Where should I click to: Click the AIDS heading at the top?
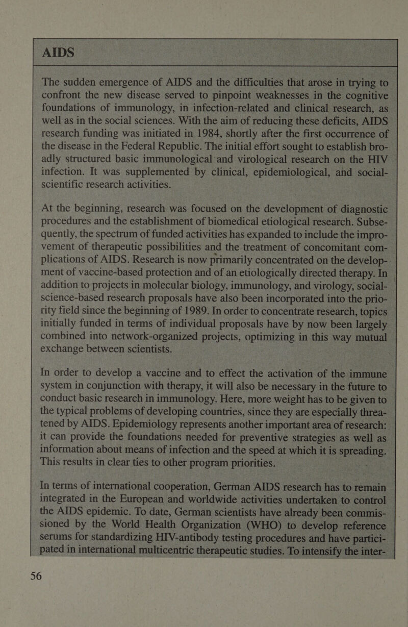(x=60, y=53)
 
